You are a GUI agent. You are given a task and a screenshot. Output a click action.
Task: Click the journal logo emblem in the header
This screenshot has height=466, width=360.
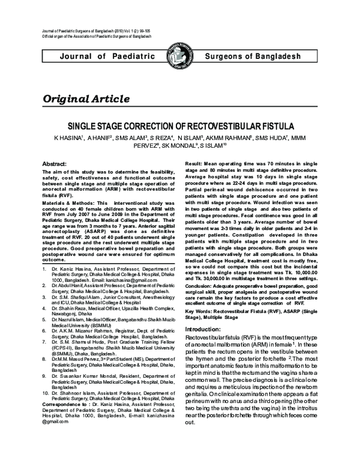(x=180, y=55)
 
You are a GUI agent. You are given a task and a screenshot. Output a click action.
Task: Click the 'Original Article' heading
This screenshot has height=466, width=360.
(x=85, y=98)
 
